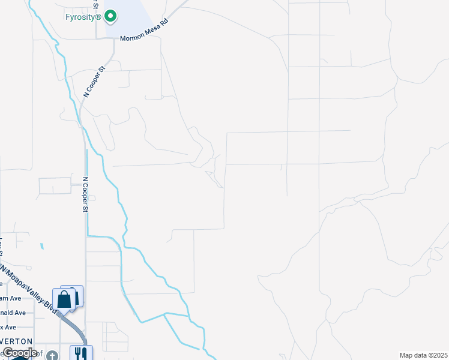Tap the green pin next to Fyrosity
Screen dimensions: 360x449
coord(110,17)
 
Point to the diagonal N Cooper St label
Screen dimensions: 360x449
coord(94,82)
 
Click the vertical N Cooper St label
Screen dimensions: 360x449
coord(85,194)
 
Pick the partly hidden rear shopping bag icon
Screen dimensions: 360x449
coord(76,294)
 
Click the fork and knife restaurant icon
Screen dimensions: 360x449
coord(80,353)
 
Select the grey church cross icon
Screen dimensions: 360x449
coord(53,356)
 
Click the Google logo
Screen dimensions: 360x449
coord(19,353)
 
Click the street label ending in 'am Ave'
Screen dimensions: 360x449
coord(11,298)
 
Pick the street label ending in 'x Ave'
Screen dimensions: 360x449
coord(8,327)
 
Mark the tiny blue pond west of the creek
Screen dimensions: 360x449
coord(41,246)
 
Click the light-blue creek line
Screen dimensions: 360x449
coord(114,186)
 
